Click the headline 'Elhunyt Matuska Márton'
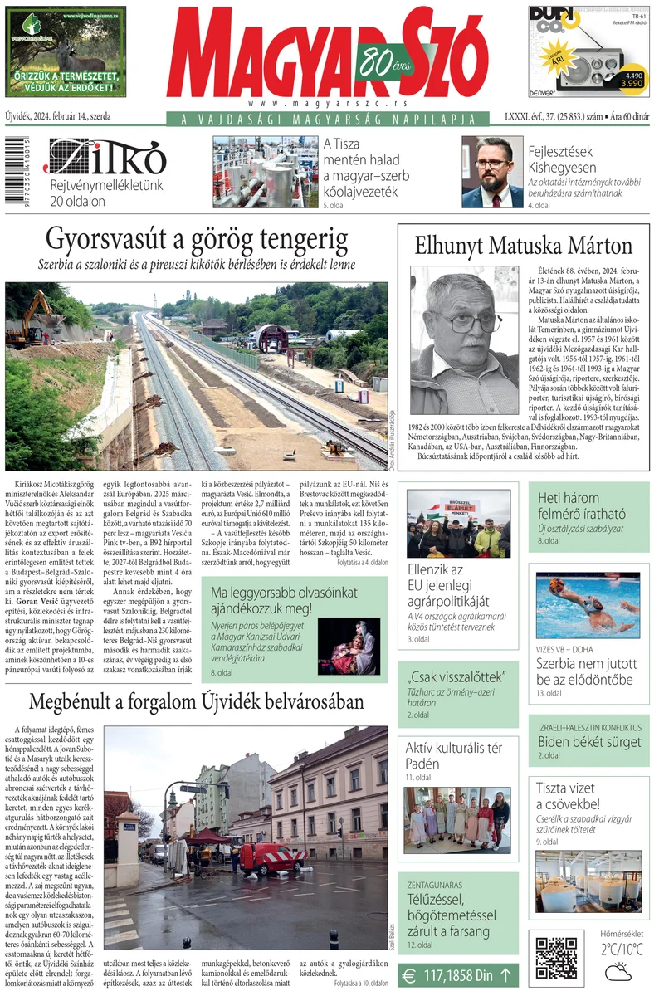pyautogui.click(x=523, y=246)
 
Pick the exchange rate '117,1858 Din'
pyautogui.click(x=457, y=974)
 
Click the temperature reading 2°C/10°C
pyautogui.click(x=622, y=950)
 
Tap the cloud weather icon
pyautogui.click(x=619, y=972)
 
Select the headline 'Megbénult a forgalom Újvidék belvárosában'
pyautogui.click(x=196, y=701)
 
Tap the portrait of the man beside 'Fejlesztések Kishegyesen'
pyautogui.click(x=492, y=173)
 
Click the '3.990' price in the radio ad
pyautogui.click(x=627, y=84)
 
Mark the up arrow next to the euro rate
pyautogui.click(x=505, y=974)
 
